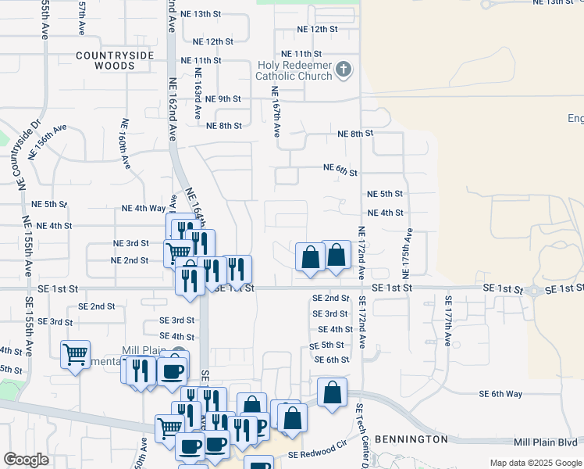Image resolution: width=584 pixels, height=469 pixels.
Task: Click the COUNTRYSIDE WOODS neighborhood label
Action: click(110, 61)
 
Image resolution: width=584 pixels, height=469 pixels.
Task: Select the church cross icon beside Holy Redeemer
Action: click(342, 71)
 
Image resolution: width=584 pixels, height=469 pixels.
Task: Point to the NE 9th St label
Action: click(219, 98)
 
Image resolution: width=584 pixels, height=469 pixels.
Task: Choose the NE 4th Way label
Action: click(144, 209)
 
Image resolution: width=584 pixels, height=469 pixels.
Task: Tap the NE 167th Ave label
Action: click(276, 112)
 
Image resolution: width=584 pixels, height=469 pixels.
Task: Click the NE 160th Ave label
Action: click(125, 144)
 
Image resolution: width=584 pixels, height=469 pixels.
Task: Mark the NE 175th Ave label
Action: click(406, 254)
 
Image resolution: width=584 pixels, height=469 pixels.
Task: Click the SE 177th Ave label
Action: click(448, 320)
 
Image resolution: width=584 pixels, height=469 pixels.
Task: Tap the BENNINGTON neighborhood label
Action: click(411, 439)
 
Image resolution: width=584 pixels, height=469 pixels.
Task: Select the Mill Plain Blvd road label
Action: click(547, 442)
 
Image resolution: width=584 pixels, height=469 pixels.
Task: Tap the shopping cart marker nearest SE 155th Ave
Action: click(75, 354)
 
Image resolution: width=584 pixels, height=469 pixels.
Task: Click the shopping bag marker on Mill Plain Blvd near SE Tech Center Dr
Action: click(332, 392)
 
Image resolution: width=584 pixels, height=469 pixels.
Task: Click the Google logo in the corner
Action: click(27, 460)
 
